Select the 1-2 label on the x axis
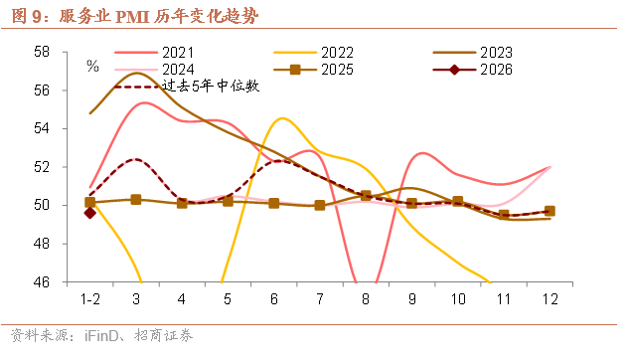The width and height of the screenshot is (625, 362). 90,298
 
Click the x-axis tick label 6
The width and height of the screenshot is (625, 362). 273,298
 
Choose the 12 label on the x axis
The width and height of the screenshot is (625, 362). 549,298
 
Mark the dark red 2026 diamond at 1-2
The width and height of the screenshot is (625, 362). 90,212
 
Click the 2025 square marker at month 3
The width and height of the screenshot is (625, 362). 136,199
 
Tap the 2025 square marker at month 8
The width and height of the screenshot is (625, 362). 366,196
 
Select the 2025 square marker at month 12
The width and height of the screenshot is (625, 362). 549,211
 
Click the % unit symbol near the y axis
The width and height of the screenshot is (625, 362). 92,67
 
